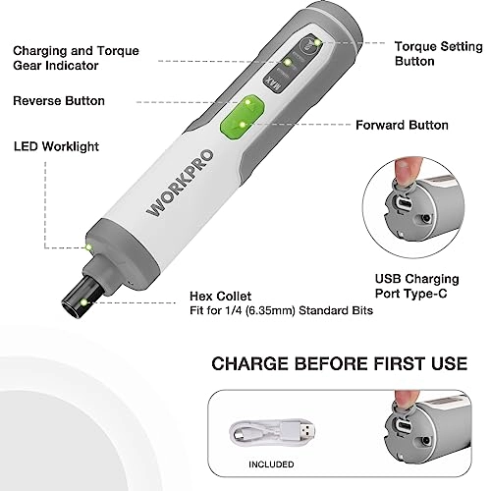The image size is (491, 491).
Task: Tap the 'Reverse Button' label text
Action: click(58, 101)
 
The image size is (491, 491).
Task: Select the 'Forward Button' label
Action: click(403, 125)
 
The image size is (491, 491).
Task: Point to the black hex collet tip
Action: click(80, 290)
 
